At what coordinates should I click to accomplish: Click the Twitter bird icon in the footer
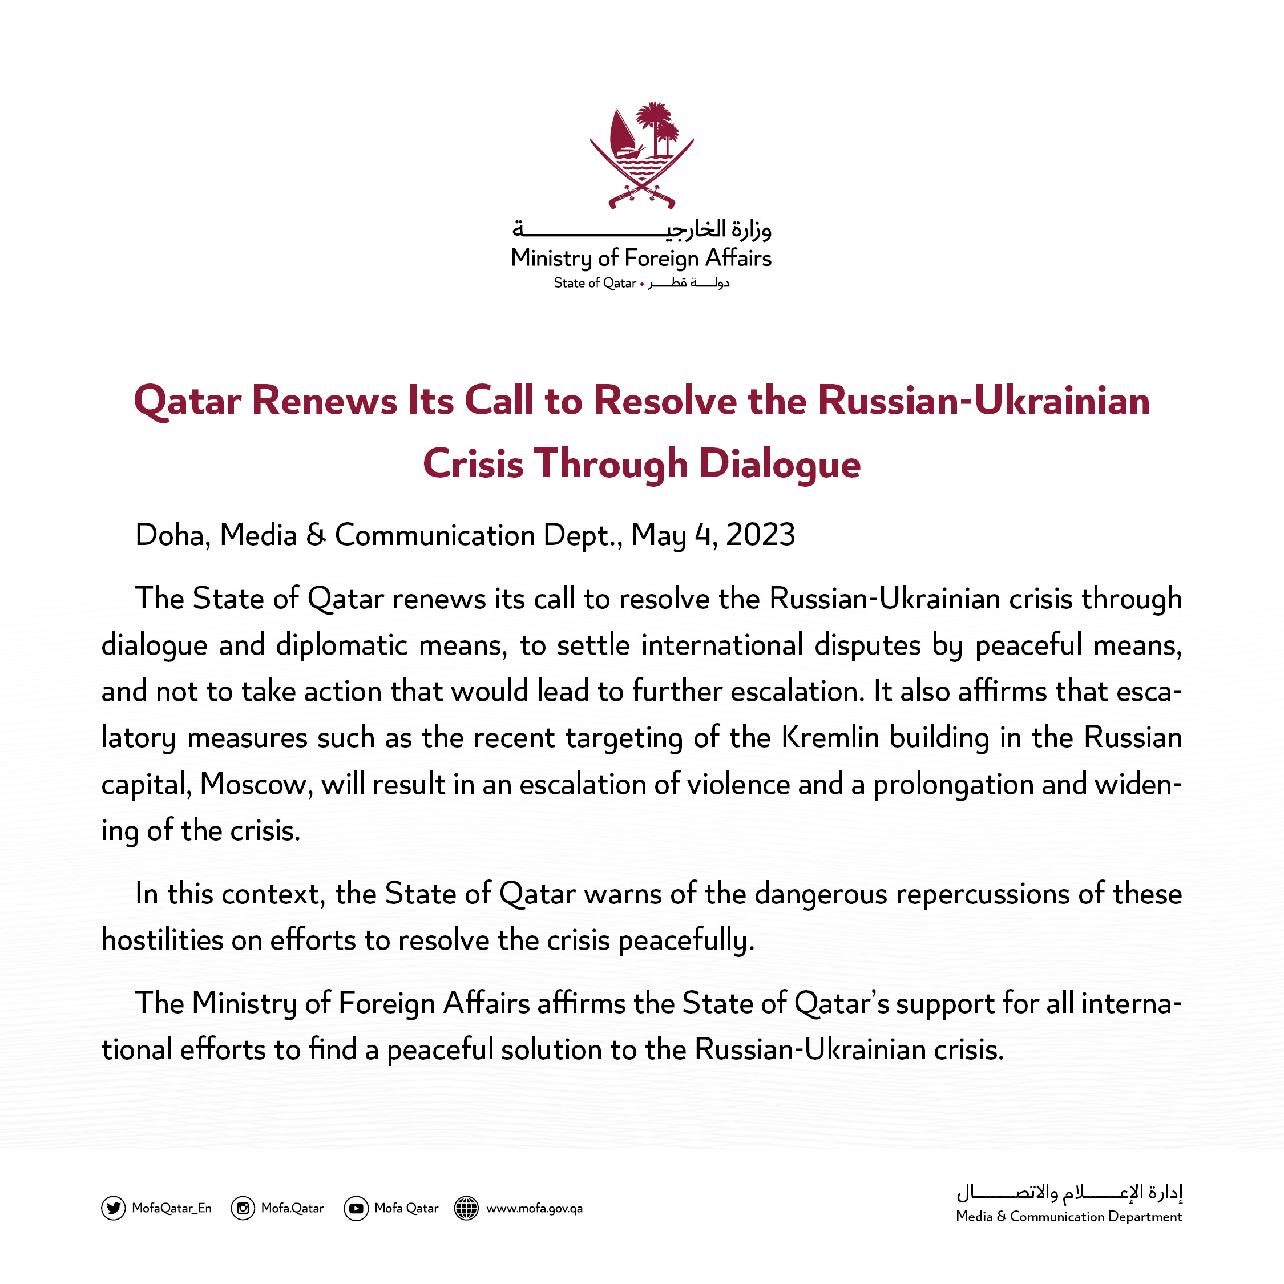tap(114, 1208)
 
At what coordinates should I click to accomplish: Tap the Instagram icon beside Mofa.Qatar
tap(243, 1208)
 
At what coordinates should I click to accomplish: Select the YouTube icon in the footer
tap(356, 1208)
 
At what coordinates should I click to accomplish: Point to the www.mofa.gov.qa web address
tap(534, 1208)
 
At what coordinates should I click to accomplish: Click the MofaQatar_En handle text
tap(171, 1208)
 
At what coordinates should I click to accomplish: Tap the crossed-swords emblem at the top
tap(642, 156)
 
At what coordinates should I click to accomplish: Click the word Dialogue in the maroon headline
tap(780, 463)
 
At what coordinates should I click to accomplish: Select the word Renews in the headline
tap(324, 401)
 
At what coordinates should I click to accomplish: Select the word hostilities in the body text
tap(162, 940)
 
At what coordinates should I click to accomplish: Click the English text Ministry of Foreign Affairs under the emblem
tap(641, 258)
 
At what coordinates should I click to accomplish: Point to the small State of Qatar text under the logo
tap(595, 283)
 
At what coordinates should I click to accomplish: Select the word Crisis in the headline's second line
tap(473, 463)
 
